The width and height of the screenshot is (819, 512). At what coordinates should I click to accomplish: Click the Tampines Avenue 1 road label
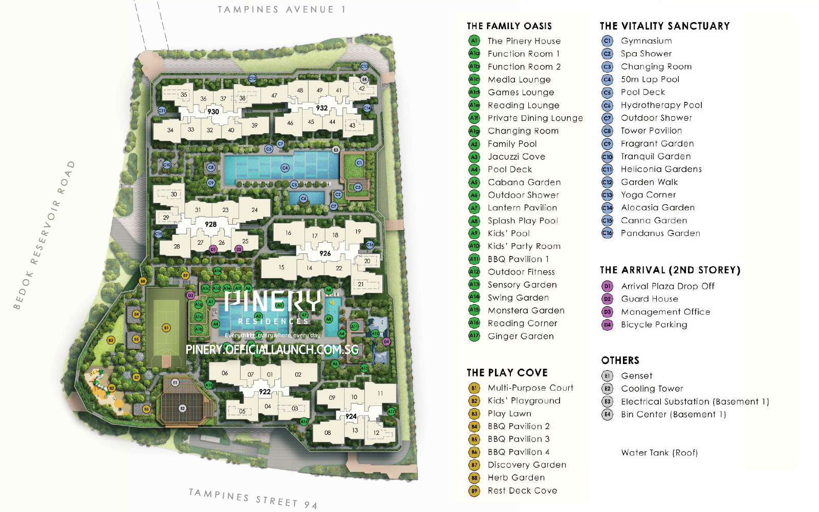pos(282,10)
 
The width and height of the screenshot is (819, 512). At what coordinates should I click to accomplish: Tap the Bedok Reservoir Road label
pos(45,235)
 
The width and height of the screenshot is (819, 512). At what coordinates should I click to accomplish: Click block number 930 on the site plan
pos(213,112)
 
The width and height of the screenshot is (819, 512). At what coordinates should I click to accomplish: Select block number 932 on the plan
pos(321,108)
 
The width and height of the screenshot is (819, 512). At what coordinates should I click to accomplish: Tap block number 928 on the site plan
pos(210,224)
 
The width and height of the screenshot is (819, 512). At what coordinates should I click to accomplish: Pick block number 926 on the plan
pos(325,253)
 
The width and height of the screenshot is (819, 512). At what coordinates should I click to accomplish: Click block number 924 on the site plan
pos(351,416)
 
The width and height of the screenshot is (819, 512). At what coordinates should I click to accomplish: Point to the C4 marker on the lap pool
pos(285,168)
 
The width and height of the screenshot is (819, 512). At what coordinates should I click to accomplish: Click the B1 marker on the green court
pos(166,328)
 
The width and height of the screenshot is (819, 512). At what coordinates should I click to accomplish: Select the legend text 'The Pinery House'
pos(524,41)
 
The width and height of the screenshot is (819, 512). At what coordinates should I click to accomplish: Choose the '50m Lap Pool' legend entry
pos(650,79)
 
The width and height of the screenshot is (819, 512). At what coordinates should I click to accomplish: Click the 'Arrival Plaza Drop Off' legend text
pos(667,286)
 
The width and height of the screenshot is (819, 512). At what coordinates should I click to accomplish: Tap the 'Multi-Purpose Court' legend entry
pos(530,388)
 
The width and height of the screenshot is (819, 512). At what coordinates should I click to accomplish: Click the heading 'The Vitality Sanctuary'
pos(664,26)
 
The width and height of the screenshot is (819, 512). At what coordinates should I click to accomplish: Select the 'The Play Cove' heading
pos(507,373)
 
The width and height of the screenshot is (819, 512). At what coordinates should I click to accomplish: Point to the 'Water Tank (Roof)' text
pos(659,453)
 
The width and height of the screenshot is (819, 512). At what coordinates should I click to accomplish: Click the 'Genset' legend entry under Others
pos(636,376)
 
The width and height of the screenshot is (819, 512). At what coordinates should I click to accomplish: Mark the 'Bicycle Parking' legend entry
pos(654,325)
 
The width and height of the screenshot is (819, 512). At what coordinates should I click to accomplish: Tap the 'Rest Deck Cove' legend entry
pos(522,490)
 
